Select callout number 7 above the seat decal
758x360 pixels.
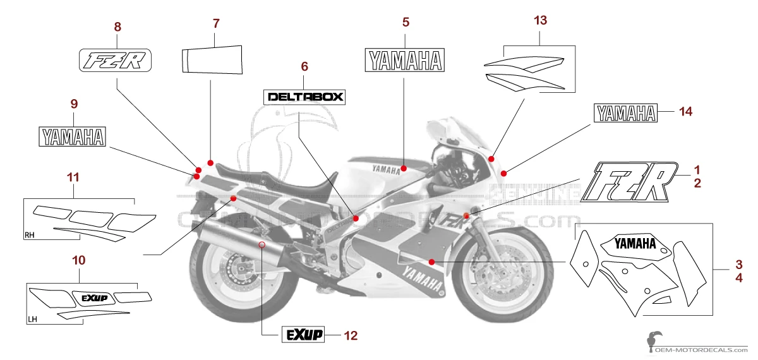click(x=216, y=24)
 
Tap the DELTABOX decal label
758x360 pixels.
click(x=304, y=97)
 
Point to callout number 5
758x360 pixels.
click(x=406, y=23)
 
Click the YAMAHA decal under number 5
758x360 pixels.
click(x=406, y=60)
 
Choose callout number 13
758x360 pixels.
click(x=540, y=21)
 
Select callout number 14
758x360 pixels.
click(x=686, y=112)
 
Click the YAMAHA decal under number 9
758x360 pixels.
click(x=73, y=137)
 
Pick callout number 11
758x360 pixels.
click(x=73, y=177)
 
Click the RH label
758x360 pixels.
click(x=29, y=236)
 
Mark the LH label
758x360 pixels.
click(x=33, y=320)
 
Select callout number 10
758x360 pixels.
click(x=79, y=260)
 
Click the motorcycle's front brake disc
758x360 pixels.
click(x=488, y=278)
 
